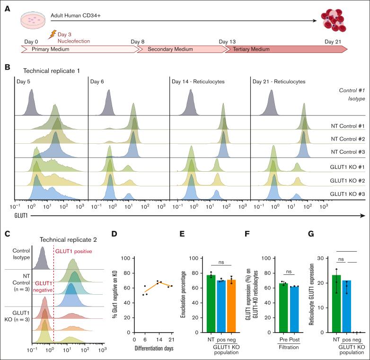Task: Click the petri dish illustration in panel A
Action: [x=32, y=19]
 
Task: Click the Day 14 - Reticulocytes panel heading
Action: [x=198, y=82]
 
